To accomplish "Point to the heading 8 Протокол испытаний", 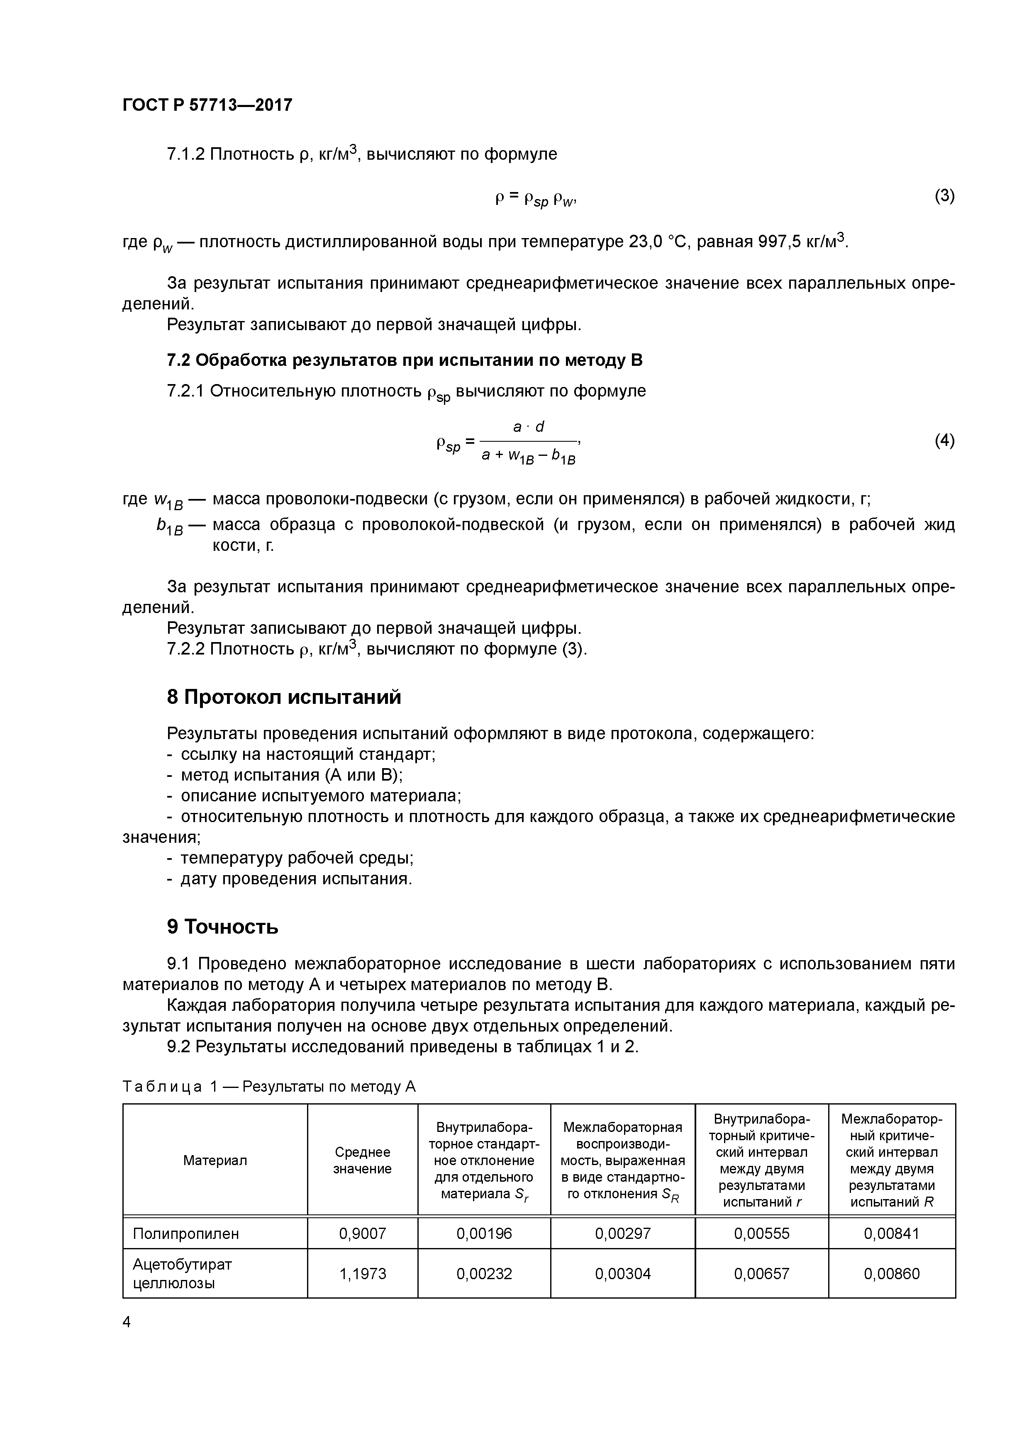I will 284,697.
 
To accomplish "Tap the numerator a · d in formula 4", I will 528,427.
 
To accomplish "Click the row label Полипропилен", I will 186,1233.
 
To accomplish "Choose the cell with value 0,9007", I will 362,1233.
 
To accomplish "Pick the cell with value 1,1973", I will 362,1274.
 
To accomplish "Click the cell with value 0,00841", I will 891,1233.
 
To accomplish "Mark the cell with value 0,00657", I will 761,1274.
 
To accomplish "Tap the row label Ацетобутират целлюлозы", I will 182,1274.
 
